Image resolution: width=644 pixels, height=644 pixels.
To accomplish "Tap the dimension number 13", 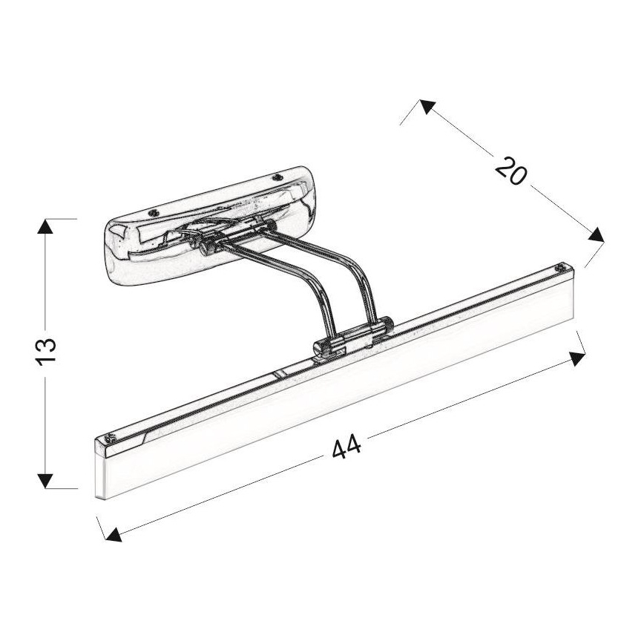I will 46,349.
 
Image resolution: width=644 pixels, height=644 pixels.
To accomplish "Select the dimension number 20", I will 511,172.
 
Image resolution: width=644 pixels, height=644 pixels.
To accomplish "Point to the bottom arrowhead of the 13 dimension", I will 46,480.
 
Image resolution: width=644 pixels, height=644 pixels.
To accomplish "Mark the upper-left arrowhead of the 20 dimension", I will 426,106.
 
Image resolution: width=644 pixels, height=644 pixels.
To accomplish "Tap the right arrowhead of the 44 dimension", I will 577,358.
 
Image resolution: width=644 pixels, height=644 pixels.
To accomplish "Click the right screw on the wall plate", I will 277,177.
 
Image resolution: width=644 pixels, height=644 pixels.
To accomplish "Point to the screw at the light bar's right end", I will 562,266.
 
